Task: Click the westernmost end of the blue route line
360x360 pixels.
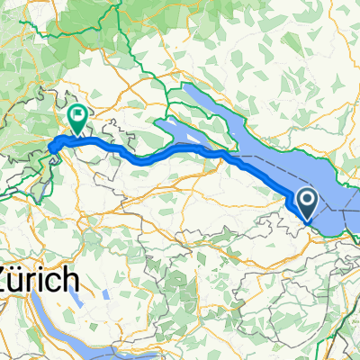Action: (x=50, y=145)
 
